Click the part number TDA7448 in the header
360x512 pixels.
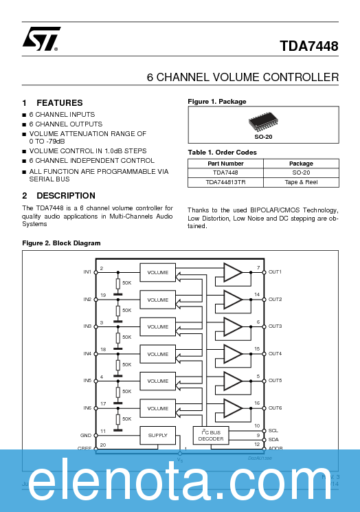click(308, 47)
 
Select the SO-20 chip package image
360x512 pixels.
click(263, 122)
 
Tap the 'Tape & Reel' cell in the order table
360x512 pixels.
click(301, 183)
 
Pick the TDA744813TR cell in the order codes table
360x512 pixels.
click(225, 183)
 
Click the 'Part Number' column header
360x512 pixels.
click(225, 164)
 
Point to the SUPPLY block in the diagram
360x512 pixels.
click(158, 435)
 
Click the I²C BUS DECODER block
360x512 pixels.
click(211, 435)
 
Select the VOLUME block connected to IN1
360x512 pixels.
click(158, 273)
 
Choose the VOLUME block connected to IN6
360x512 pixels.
click(158, 408)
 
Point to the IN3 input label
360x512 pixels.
click(87, 326)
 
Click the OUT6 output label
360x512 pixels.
click(275, 408)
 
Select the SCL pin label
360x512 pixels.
click(273, 430)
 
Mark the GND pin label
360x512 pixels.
click(86, 435)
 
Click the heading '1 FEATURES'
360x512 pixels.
click(53, 102)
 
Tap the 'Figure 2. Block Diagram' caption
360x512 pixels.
click(61, 243)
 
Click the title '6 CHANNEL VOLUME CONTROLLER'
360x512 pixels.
click(243, 77)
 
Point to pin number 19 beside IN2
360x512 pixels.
click(102, 295)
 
